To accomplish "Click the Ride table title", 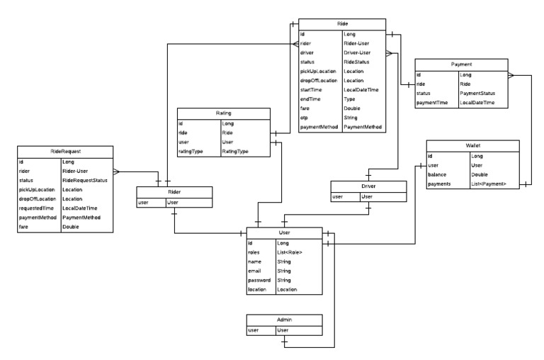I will [342, 23].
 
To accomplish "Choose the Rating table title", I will [224, 113].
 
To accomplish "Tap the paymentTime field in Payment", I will [433, 103].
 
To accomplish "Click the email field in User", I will [256, 271].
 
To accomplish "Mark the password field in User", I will [261, 281].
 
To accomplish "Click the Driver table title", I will [368, 186].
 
